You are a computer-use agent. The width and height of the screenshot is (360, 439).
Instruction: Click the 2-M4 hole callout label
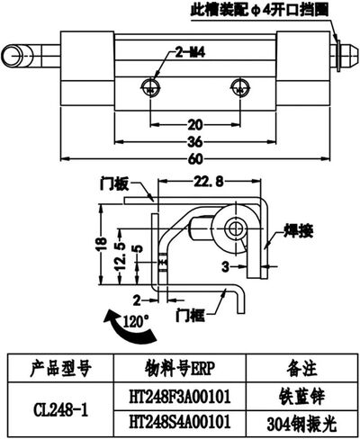[x=190, y=53]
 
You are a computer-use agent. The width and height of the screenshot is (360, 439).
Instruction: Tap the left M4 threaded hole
[x=150, y=87]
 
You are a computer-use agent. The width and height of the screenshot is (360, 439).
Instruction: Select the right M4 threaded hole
[x=240, y=87]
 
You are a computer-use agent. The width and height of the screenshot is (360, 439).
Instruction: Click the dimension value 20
[x=195, y=124]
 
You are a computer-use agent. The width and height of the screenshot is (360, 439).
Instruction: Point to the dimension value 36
[x=195, y=142]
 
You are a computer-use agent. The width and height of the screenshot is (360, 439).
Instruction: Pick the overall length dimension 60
[x=195, y=159]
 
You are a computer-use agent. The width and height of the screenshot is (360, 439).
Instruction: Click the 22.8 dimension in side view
[x=209, y=182]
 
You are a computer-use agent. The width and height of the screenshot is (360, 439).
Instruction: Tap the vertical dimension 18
[x=103, y=244]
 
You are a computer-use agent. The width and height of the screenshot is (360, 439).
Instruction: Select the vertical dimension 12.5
[x=121, y=255]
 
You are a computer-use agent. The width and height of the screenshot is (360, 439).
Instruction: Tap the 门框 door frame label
[x=191, y=316]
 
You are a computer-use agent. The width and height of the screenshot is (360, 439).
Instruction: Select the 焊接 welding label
[x=299, y=231]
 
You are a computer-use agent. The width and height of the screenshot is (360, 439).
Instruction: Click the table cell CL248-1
[x=61, y=410]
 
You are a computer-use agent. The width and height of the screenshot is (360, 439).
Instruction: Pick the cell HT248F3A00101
[x=180, y=397]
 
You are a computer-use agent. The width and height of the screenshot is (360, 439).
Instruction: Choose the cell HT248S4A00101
[x=180, y=422]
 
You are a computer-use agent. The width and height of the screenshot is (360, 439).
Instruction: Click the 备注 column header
[x=301, y=369]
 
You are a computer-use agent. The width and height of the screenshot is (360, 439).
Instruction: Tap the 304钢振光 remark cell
[x=301, y=424]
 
